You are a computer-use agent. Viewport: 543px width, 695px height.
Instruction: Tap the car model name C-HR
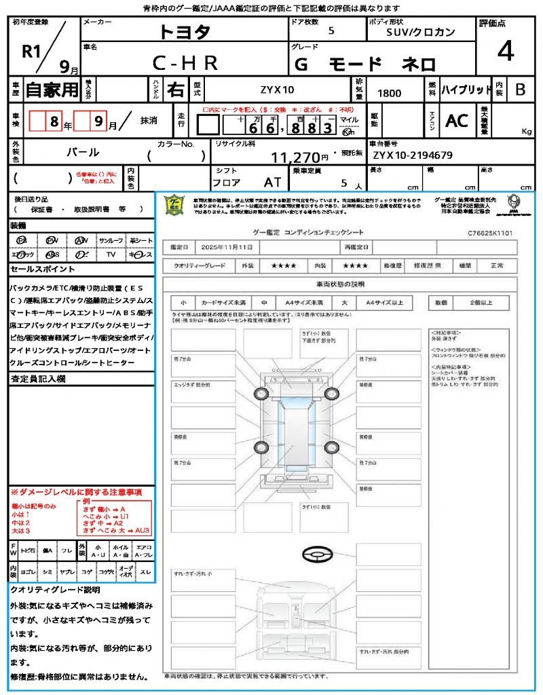click(x=185, y=63)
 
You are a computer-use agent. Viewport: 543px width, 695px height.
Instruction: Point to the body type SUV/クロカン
click(x=421, y=31)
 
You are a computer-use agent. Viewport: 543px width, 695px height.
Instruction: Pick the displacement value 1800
click(x=389, y=93)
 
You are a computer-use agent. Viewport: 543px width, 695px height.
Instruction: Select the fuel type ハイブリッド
click(x=466, y=90)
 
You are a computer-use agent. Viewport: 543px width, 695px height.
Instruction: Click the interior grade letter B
click(x=520, y=90)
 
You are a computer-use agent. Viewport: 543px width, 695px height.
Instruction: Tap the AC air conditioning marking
click(x=457, y=121)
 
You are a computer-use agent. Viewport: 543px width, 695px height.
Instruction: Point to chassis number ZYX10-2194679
click(x=412, y=155)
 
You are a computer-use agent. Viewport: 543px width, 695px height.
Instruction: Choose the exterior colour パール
click(x=83, y=152)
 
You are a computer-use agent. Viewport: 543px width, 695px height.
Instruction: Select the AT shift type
click(x=273, y=182)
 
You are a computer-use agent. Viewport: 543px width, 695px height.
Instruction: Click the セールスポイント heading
click(x=37, y=269)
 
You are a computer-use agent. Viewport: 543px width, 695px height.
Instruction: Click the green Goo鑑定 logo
click(x=176, y=206)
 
